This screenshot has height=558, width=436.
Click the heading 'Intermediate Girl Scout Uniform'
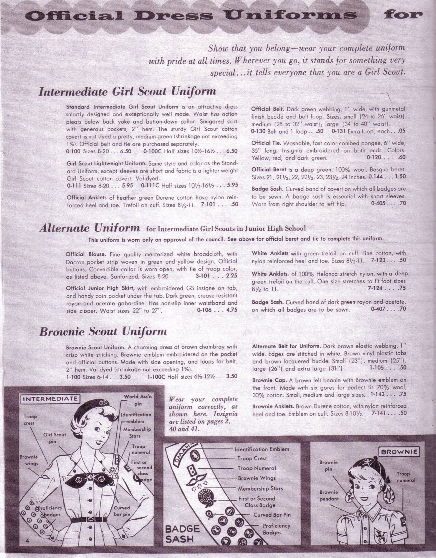[x=127, y=91]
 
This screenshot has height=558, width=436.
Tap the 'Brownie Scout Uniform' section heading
[x=103, y=331]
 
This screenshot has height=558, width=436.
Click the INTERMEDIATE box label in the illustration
[x=50, y=399]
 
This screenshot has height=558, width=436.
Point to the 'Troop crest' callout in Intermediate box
[x=30, y=420]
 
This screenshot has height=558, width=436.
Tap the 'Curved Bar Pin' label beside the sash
[x=272, y=515]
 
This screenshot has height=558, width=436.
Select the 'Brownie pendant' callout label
[x=329, y=495]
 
